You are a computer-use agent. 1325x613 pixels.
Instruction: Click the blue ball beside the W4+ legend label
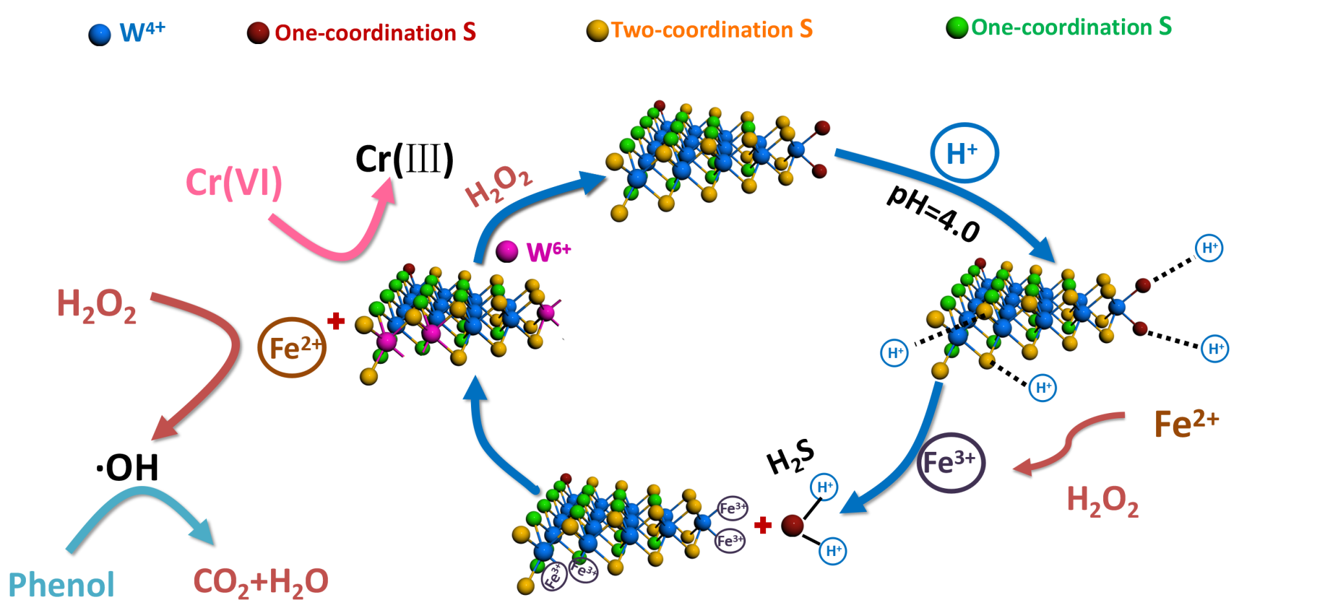click(100, 34)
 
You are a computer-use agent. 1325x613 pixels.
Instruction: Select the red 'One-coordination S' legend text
click(375, 32)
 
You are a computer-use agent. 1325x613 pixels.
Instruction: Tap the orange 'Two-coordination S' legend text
click(711, 30)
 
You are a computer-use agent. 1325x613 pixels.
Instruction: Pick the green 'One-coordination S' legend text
click(1071, 27)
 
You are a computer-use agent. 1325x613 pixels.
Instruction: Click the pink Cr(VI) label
click(234, 183)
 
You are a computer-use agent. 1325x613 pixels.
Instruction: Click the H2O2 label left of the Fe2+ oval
click(96, 306)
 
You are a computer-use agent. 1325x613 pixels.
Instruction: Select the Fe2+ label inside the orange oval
click(292, 348)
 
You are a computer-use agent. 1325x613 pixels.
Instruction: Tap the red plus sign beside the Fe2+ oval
click(336, 321)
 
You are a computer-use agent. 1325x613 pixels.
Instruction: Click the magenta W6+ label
click(549, 251)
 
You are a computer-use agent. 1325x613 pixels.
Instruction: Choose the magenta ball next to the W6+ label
click(507, 251)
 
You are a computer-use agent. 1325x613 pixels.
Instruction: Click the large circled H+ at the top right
click(964, 153)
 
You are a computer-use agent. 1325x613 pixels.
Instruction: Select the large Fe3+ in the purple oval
click(950, 462)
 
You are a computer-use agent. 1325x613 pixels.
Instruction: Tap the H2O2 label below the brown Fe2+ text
click(1102, 501)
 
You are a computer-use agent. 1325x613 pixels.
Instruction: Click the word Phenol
click(61, 585)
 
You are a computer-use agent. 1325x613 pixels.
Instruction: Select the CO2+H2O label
click(261, 582)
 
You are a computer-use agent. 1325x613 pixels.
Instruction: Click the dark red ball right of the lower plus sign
click(793, 524)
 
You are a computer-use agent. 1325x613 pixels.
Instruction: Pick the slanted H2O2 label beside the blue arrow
click(499, 185)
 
